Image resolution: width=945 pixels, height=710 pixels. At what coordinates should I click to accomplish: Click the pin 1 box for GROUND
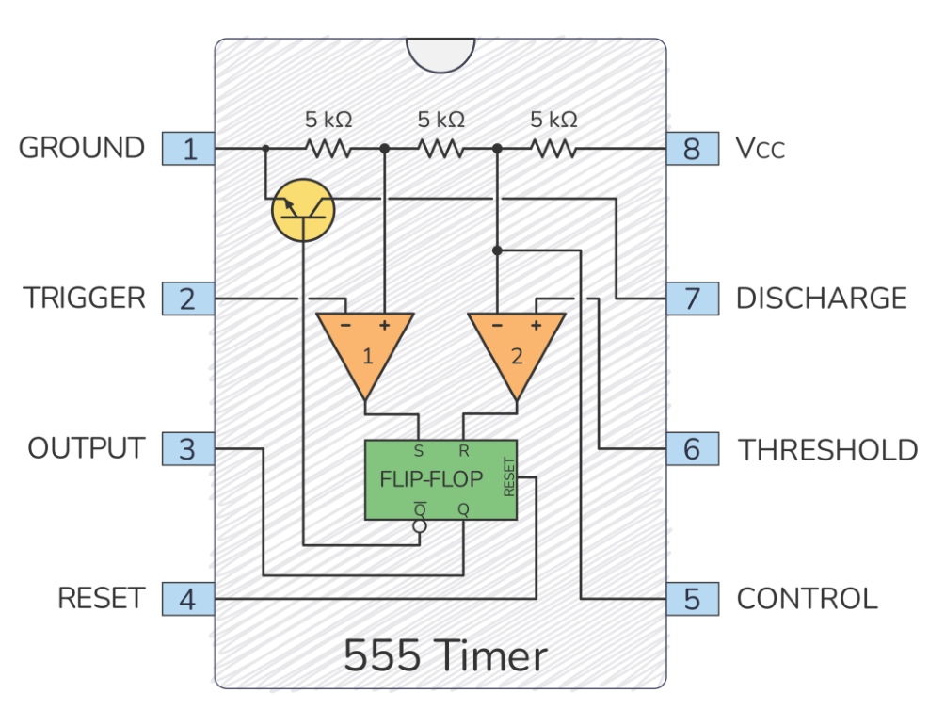pyautogui.click(x=189, y=149)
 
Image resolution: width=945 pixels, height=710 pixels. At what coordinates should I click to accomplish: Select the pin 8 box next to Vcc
pyautogui.click(x=693, y=149)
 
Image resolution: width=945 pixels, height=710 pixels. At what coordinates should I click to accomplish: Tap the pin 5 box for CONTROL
pyautogui.click(x=693, y=598)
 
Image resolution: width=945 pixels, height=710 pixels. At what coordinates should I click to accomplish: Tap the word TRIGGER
pyautogui.click(x=85, y=299)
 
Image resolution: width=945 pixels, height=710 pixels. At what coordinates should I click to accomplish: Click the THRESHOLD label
pyautogui.click(x=827, y=449)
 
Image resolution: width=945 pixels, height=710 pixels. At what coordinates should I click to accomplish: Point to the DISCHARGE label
pyautogui.click(x=821, y=299)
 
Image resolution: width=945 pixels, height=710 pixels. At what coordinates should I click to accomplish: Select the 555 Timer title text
pyautogui.click(x=444, y=656)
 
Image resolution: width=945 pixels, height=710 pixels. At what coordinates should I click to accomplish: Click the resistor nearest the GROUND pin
pyautogui.click(x=327, y=149)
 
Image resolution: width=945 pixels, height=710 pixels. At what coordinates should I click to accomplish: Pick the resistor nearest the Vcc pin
pyautogui.click(x=553, y=149)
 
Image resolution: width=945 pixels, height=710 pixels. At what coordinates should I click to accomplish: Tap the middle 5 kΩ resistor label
pyautogui.click(x=440, y=121)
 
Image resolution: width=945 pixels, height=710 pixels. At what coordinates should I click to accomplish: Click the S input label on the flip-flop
pyautogui.click(x=418, y=450)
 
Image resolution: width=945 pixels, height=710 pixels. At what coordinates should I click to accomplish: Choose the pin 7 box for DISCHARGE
pyautogui.click(x=693, y=299)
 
